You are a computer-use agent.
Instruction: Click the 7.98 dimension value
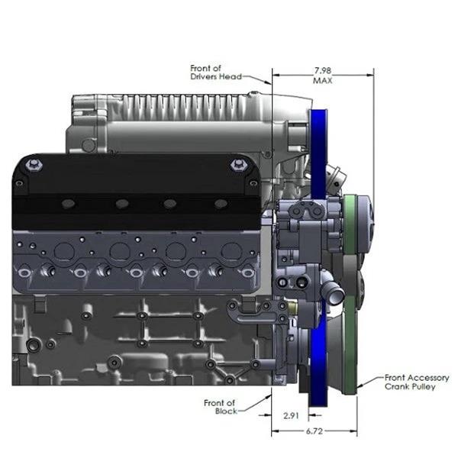click(323, 70)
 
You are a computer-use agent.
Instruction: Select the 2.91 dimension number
click(291, 415)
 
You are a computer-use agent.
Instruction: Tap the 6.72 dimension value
click(314, 431)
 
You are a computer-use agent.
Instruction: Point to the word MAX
click(323, 80)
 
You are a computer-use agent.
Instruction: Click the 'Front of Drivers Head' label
click(216, 73)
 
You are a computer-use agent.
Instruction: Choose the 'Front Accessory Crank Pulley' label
click(417, 382)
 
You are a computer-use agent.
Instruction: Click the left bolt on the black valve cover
click(34, 165)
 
